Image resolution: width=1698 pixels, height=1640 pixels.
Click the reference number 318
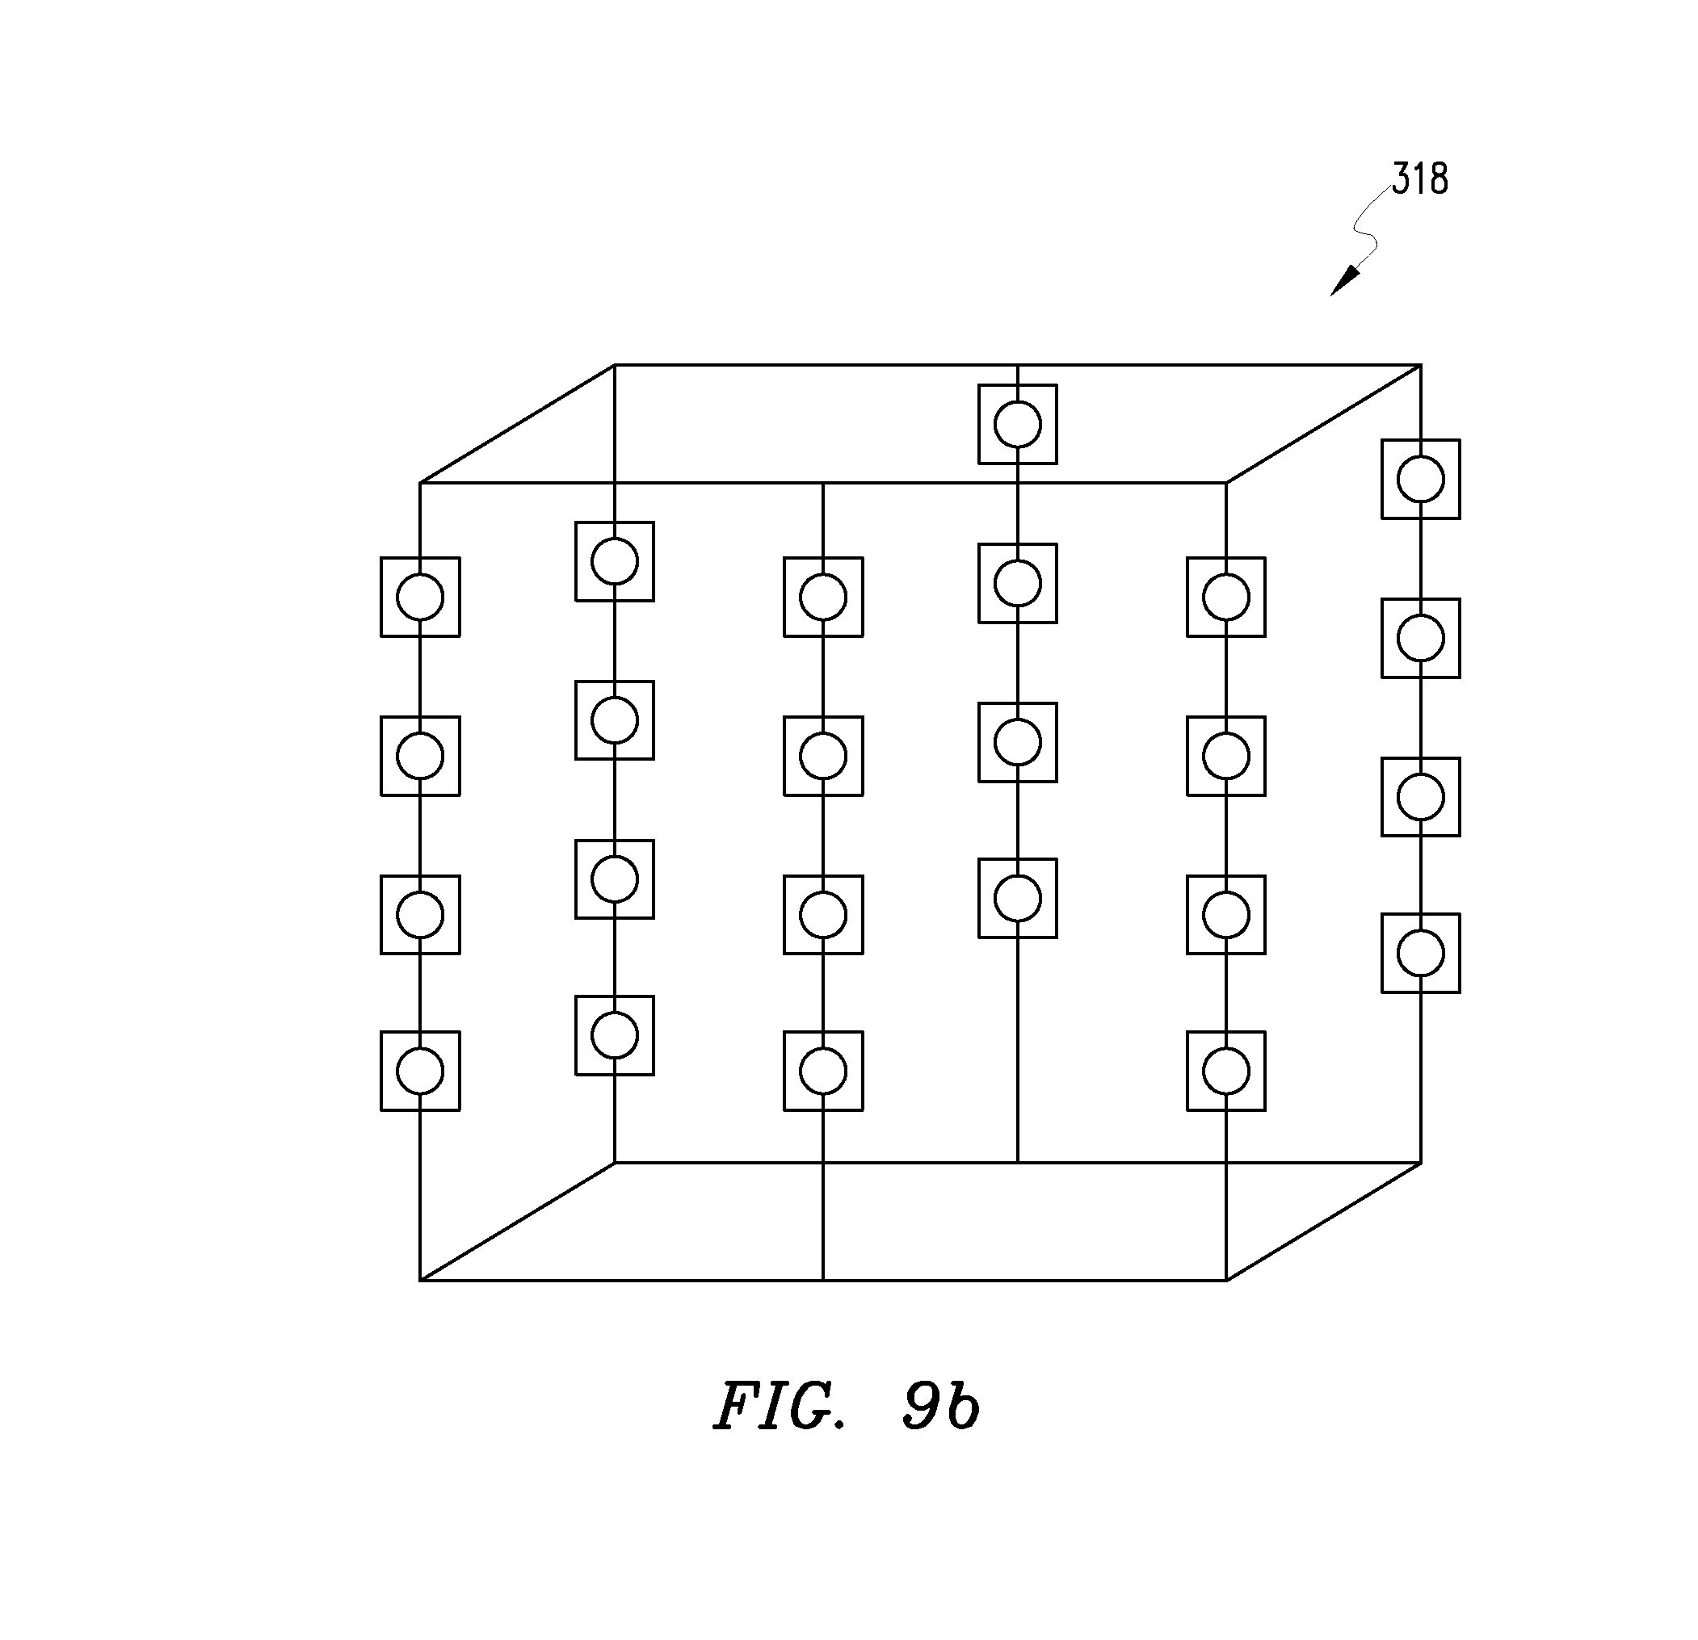(1420, 178)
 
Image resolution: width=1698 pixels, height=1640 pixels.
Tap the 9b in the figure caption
(941, 1407)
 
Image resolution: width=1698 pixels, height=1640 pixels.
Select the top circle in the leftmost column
(420, 598)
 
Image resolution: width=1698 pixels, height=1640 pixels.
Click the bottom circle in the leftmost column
(420, 1071)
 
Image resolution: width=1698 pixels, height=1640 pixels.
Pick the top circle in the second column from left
(615, 561)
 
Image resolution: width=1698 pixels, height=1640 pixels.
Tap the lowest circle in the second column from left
(615, 1036)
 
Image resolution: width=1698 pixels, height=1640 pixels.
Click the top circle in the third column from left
(823, 598)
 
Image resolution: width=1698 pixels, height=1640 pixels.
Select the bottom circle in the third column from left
(823, 1071)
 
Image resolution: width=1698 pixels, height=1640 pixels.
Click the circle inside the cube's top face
(1018, 424)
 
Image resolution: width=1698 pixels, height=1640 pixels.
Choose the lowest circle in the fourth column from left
(1018, 898)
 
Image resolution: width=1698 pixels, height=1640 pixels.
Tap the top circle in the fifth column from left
(1226, 598)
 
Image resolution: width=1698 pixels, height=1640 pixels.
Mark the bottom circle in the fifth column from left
(1226, 1071)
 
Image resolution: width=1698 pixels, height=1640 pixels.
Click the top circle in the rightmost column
(1421, 479)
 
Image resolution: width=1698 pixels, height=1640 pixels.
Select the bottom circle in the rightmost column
(1421, 954)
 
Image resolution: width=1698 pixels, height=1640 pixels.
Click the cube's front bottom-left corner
(420, 1280)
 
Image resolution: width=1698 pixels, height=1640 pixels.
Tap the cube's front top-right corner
(1226, 482)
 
